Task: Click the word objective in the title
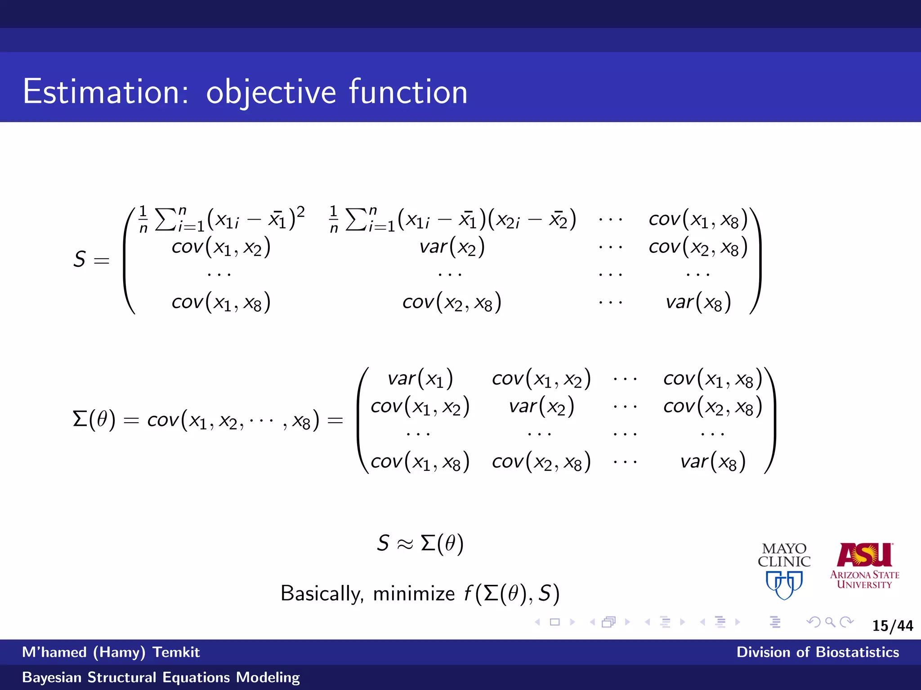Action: tap(271, 93)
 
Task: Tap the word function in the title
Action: tap(408, 92)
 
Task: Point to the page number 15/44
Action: tap(893, 626)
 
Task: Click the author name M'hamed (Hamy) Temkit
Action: tap(111, 652)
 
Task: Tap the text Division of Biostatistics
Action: tap(818, 652)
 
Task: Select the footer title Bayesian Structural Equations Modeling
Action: tap(161, 677)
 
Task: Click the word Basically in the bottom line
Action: tap(322, 593)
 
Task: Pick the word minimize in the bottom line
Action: tap(414, 593)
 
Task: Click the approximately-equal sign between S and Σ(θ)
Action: tap(404, 544)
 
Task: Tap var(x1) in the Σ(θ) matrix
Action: tap(420, 379)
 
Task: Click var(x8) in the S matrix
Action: tap(698, 302)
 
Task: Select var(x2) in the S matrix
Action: tap(452, 247)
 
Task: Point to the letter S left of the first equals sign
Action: tap(80, 259)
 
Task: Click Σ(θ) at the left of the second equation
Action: tap(94, 420)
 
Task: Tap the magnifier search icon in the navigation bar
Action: tap(830, 622)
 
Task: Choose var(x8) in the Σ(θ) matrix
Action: tap(713, 462)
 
